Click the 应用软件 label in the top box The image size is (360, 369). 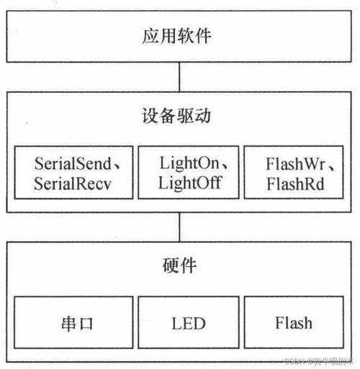click(179, 35)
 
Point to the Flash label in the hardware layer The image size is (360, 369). click(294, 322)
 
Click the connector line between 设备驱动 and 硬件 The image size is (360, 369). click(179, 227)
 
